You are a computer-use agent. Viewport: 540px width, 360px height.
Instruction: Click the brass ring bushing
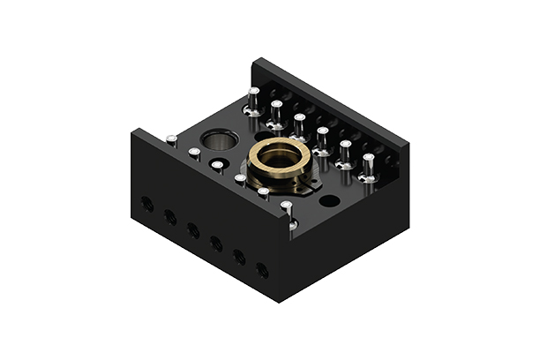pyautogui.click(x=279, y=156)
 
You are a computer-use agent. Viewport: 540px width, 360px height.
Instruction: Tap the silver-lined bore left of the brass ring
pyautogui.click(x=219, y=140)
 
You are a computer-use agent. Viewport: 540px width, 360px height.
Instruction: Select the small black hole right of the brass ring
pyautogui.click(x=329, y=201)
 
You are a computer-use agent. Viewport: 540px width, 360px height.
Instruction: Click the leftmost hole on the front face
pyautogui.click(x=147, y=204)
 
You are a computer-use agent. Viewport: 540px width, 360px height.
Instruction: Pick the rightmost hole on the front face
pyautogui.click(x=262, y=269)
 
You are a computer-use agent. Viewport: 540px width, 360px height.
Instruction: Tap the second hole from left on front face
pyautogui.click(x=170, y=217)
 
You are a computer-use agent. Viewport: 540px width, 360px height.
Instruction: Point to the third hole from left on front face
pyautogui.click(x=193, y=230)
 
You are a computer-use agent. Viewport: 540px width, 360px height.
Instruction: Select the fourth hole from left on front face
pyautogui.click(x=216, y=244)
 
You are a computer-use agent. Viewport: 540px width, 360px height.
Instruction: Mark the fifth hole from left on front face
pyautogui.click(x=239, y=257)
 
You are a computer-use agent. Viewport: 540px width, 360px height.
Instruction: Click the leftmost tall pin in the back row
pyautogui.click(x=253, y=101)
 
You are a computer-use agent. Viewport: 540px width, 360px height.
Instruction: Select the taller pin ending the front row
pyautogui.click(x=287, y=212)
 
